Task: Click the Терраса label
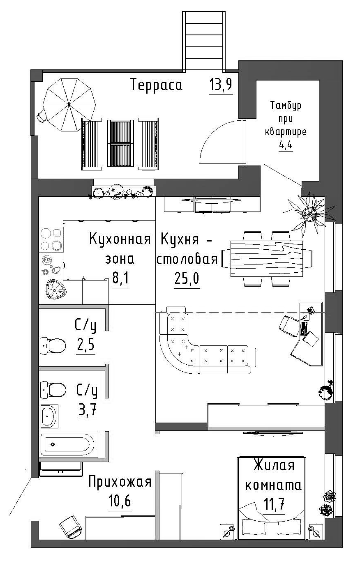pos(156,85)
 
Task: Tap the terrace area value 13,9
pos(221,85)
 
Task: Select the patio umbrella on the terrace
pos(69,104)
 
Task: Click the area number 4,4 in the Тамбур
pos(286,145)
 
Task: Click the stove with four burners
pos(51,239)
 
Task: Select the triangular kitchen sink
pos(56,290)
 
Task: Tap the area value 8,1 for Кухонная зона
pos(120,278)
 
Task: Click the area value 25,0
pos(187,278)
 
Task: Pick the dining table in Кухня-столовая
pos(267,258)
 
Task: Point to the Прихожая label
pos(120,483)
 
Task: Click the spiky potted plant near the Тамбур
pos(309,214)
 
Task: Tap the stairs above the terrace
pos(204,41)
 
